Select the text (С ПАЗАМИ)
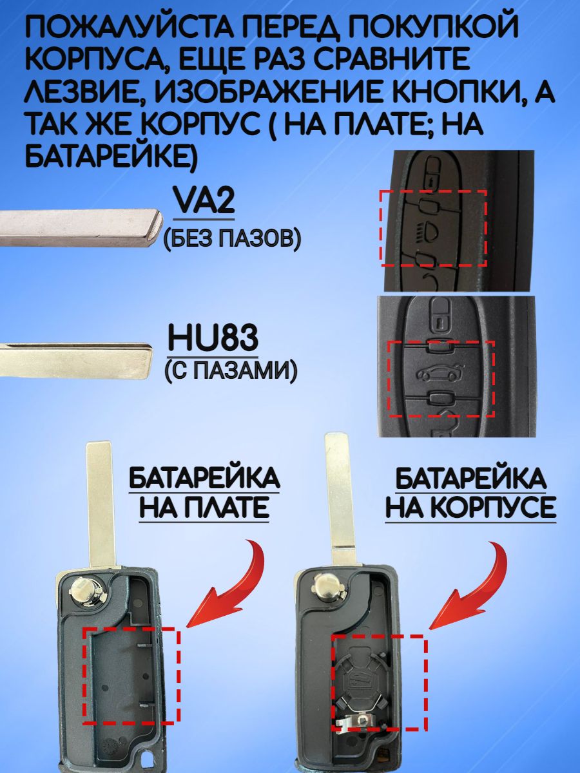pos(231,370)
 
